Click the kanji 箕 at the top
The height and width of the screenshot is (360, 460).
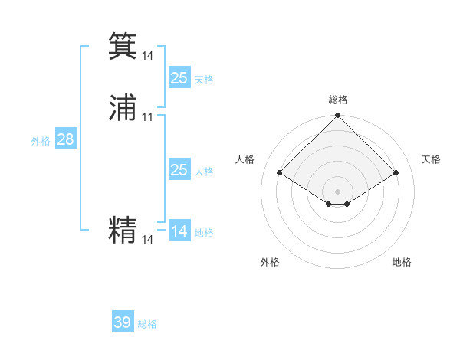[123, 46]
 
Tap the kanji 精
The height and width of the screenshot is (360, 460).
[123, 230]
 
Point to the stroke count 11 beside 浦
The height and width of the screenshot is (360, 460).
[148, 117]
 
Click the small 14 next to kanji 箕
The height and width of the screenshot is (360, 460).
[148, 56]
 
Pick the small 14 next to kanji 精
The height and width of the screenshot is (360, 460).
[148, 240]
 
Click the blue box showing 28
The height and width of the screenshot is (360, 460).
[65, 139]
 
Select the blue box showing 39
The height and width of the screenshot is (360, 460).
[123, 322]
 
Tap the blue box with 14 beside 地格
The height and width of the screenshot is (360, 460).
[179, 231]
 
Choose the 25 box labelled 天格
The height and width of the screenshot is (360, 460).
[179, 77]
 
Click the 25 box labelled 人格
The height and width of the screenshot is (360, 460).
[179, 170]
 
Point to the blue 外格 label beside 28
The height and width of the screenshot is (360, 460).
[41, 141]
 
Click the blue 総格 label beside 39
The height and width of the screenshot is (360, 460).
[147, 324]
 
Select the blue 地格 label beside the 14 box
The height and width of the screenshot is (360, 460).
[204, 233]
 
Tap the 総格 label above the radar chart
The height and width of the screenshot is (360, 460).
[338, 100]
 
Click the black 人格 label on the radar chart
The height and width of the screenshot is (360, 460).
[245, 159]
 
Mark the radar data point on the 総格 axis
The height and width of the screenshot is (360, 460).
[338, 116]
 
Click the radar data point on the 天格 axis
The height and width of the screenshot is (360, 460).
[396, 173]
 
